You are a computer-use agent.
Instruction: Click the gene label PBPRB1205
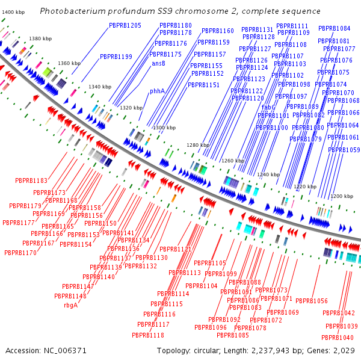(x=125, y=25)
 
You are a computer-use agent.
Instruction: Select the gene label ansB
(x=158, y=63)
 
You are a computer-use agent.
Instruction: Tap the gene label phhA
(x=157, y=91)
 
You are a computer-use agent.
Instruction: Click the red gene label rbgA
(x=71, y=304)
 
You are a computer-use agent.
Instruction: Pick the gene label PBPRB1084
(x=334, y=28)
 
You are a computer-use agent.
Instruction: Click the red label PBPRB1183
(x=31, y=180)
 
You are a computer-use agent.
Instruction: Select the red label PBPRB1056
(x=312, y=301)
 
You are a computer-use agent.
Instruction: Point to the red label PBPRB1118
(x=148, y=335)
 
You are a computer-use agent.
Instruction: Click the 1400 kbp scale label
(x=13, y=12)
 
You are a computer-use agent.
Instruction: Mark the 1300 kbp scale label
(x=162, y=128)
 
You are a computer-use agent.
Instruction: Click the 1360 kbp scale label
(x=69, y=63)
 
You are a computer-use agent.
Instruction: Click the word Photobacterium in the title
(x=72, y=12)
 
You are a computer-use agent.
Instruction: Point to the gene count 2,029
(x=345, y=350)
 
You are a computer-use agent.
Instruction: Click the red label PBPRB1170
(x=20, y=253)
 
